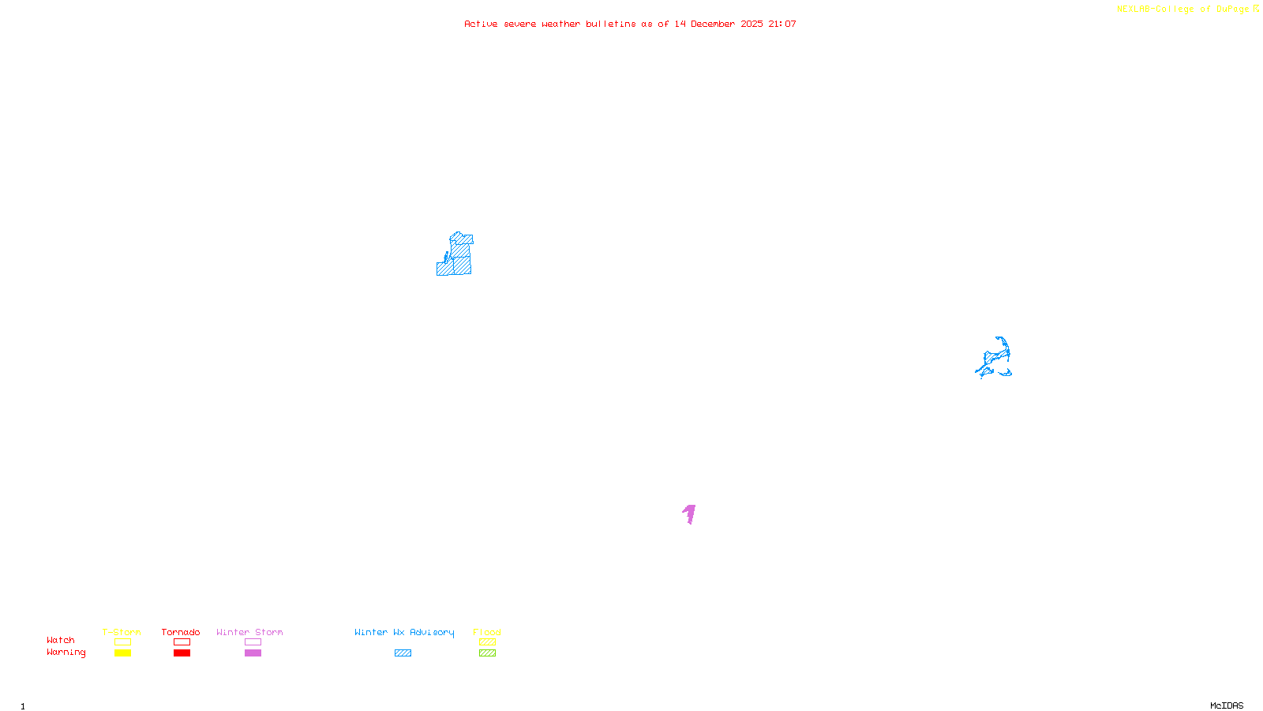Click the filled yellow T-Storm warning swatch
pyautogui.click(x=122, y=653)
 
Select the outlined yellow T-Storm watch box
pyautogui.click(x=122, y=642)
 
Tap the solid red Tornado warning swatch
pyautogui.click(x=182, y=653)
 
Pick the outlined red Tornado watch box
pyautogui.click(x=182, y=642)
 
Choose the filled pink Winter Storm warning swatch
pyautogui.click(x=253, y=653)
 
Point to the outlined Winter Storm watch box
pyautogui.click(x=253, y=642)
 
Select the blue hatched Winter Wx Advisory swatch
pyautogui.click(x=403, y=653)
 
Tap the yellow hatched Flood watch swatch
pyautogui.click(x=487, y=642)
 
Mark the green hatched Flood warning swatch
pyautogui.click(x=487, y=653)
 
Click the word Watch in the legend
pyautogui.click(x=61, y=641)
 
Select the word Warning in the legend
pyautogui.click(x=66, y=653)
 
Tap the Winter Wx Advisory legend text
pyautogui.click(x=404, y=632)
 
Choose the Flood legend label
pyautogui.click(x=487, y=632)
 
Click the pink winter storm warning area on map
pyautogui.click(x=690, y=513)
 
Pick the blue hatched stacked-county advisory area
pyautogui.click(x=458, y=257)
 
